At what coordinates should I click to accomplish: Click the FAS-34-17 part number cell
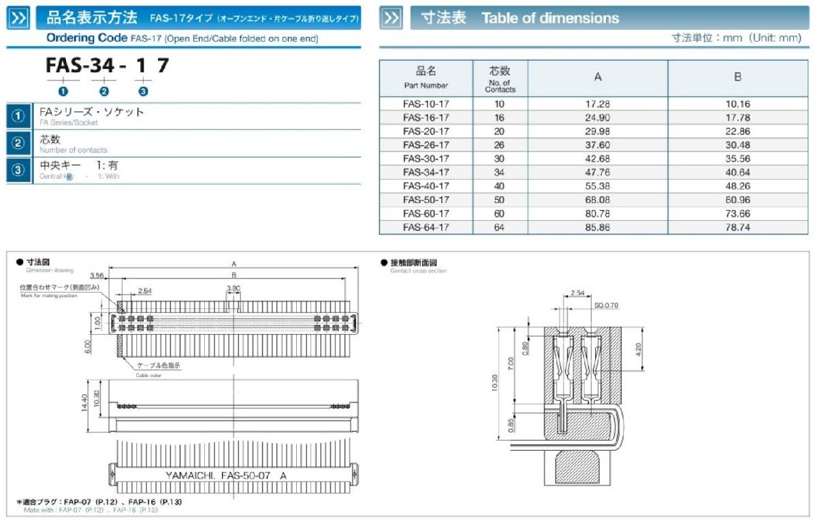(x=426, y=173)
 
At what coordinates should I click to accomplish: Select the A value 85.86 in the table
(x=597, y=228)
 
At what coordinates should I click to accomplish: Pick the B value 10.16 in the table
(x=737, y=104)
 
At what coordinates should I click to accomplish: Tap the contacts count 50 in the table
(x=500, y=200)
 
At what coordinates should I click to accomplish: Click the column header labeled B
(x=737, y=77)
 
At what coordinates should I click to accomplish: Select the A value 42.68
(x=597, y=159)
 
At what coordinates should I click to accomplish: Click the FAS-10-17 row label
(x=426, y=104)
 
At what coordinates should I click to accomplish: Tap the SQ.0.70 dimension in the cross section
(x=606, y=305)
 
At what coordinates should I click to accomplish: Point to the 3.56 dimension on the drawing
(x=97, y=275)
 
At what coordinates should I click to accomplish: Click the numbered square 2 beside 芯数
(x=19, y=143)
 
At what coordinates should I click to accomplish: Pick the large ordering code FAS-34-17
(x=107, y=66)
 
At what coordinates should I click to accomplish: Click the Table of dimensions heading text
(x=550, y=18)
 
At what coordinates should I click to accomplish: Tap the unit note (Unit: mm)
(x=775, y=38)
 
